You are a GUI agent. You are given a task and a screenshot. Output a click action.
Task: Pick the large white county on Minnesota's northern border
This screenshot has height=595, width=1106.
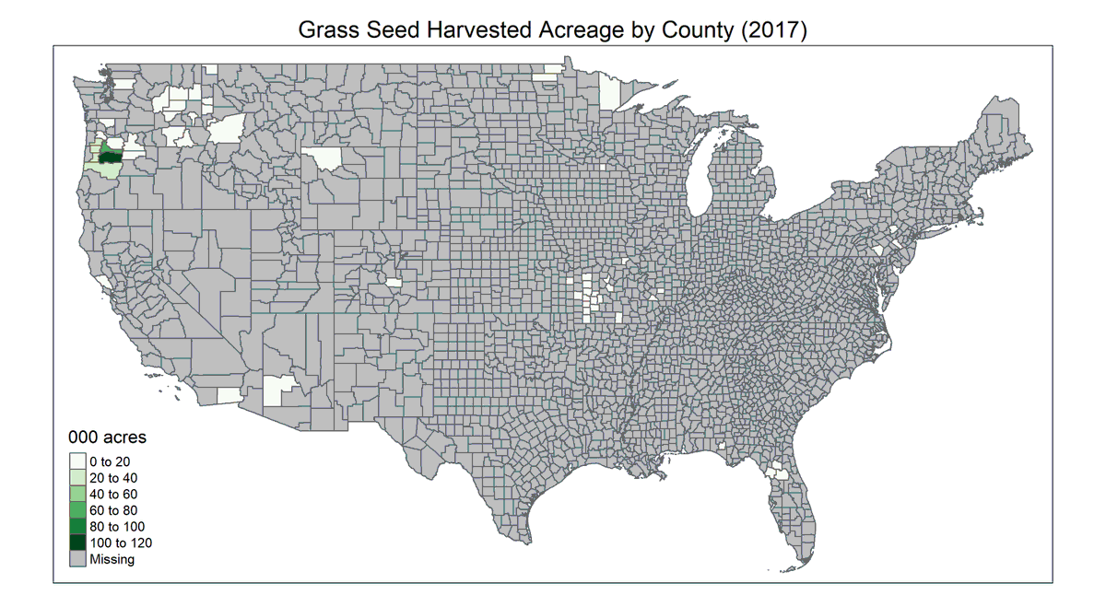(609, 91)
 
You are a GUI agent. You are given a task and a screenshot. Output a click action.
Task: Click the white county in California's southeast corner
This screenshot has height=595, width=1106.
(229, 395)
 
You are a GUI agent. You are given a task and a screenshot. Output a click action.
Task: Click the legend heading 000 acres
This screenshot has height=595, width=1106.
(108, 437)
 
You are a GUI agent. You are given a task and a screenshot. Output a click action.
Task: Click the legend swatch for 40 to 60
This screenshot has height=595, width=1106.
(77, 494)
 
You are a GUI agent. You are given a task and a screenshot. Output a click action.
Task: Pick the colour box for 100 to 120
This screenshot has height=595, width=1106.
(77, 542)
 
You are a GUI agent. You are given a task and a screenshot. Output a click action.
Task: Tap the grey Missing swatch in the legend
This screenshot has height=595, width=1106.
(77, 559)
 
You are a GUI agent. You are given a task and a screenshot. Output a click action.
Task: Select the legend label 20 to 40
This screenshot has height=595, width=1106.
(113, 477)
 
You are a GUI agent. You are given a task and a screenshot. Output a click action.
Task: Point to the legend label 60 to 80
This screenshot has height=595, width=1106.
(113, 510)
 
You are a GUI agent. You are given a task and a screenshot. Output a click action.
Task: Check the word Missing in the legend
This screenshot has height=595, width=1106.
(112, 559)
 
